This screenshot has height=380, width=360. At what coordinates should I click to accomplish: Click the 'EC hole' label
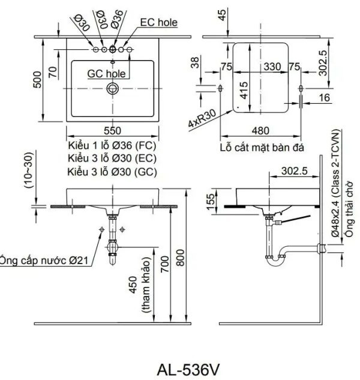[158, 23]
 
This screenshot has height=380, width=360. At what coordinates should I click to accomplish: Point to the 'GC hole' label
[106, 73]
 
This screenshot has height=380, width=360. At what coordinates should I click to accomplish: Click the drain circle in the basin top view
[112, 88]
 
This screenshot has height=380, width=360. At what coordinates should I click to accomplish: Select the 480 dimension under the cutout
[260, 131]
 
